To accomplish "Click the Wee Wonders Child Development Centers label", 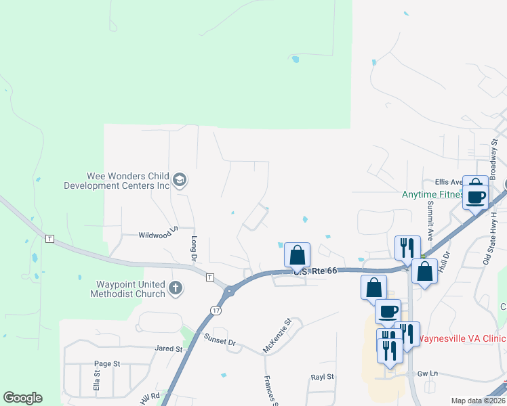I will click(x=116, y=180).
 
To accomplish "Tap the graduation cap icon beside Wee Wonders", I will click(x=180, y=180).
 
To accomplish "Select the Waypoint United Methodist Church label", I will click(x=127, y=289).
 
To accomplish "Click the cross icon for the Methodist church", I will click(x=176, y=288).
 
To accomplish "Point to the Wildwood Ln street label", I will click(x=157, y=235).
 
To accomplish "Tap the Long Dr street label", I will click(x=194, y=249).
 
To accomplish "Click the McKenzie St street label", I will click(x=277, y=336).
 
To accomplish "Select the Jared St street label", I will click(x=169, y=349).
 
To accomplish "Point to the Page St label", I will click(x=107, y=363).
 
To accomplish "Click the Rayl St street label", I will click(x=323, y=376).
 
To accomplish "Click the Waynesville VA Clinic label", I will click(x=460, y=338).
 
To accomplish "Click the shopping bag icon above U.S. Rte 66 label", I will click(x=297, y=255).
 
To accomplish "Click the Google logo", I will click(x=22, y=398).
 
